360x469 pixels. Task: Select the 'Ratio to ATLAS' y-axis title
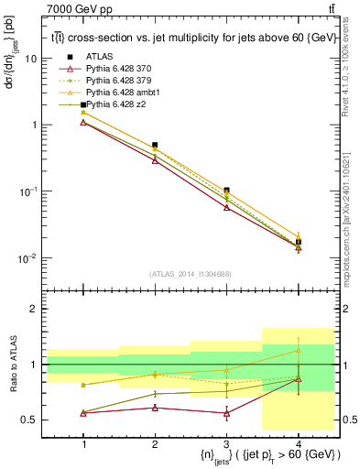point(12,365)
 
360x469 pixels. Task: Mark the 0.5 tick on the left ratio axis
point(34,420)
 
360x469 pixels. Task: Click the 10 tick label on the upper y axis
point(32,59)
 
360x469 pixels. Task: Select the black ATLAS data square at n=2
point(155,145)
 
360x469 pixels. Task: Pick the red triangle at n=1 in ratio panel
point(83,413)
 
